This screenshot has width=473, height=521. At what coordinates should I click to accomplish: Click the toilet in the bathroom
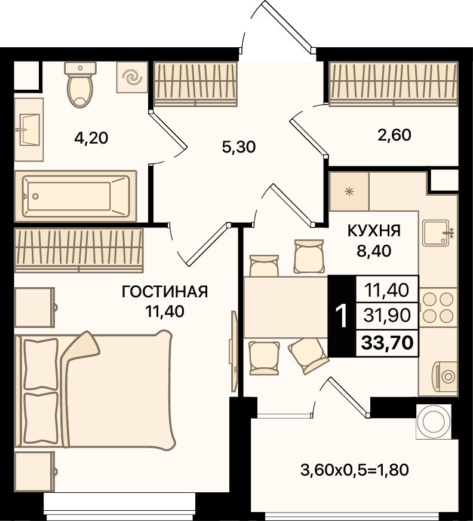[80, 84]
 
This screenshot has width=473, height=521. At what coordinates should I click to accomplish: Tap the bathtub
[76, 196]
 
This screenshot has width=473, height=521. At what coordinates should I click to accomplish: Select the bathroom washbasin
[29, 130]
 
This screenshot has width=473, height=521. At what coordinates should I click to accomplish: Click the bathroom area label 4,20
[91, 138]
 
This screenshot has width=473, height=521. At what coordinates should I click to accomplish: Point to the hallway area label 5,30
[239, 147]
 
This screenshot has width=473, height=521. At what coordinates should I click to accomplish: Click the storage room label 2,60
[394, 135]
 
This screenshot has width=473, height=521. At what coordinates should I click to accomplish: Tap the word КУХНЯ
[374, 231]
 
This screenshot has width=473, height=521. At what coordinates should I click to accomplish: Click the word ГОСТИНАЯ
[165, 292]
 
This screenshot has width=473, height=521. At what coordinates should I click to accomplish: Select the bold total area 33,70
[387, 343]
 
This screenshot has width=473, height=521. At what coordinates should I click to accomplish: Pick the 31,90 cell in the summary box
[387, 315]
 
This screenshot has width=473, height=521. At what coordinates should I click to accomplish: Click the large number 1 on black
[342, 316]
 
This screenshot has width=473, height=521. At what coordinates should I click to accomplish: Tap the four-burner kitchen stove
[438, 307]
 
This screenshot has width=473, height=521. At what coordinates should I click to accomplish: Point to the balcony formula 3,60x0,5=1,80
[355, 470]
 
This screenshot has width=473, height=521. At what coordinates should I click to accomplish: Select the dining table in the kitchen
[286, 307]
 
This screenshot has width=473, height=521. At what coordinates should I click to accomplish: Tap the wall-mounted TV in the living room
[234, 351]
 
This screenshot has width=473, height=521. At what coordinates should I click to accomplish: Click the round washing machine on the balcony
[434, 421]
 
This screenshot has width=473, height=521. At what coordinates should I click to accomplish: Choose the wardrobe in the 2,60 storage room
[394, 84]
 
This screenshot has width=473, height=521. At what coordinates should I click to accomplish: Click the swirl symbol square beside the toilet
[131, 77]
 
